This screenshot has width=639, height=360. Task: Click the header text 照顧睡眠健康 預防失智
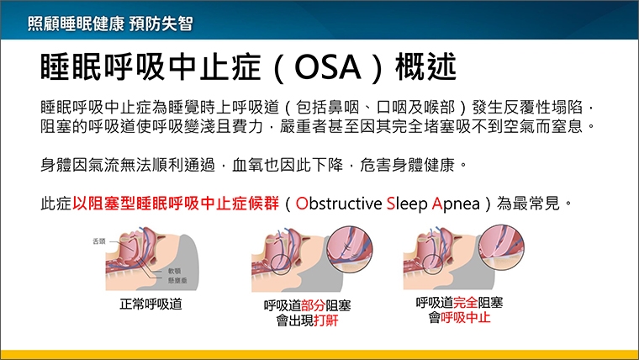[109, 24]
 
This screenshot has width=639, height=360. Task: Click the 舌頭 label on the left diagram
[99, 241]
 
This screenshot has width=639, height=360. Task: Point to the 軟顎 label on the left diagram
[175, 271]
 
